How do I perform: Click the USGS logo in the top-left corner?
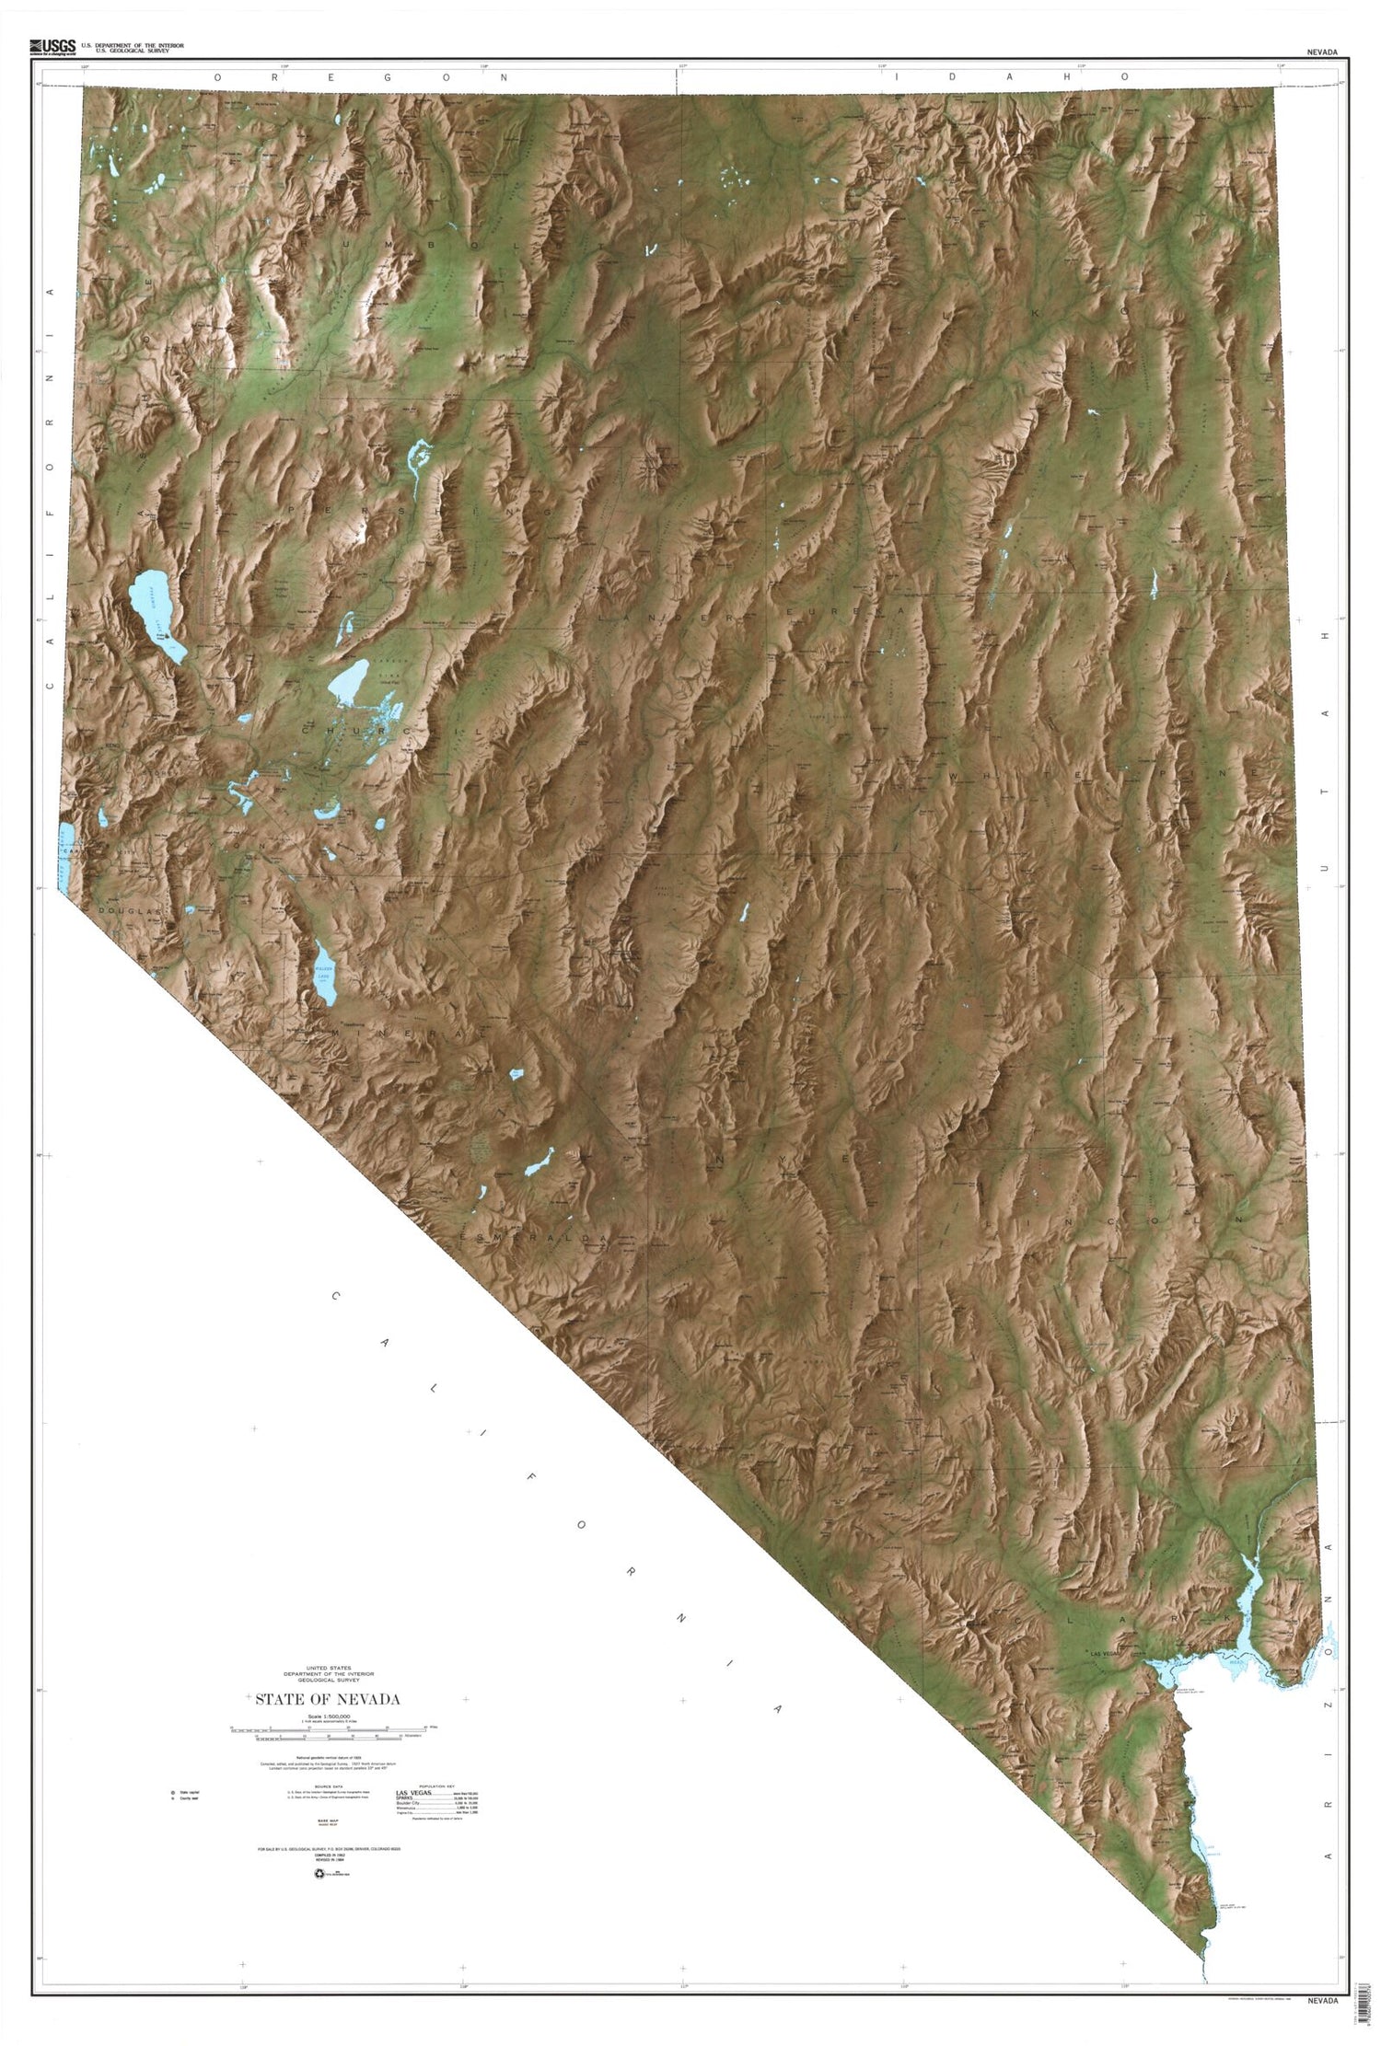click(52, 44)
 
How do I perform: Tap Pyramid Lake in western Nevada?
click(157, 611)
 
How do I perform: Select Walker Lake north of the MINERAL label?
click(324, 976)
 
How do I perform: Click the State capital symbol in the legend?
click(170, 1792)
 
